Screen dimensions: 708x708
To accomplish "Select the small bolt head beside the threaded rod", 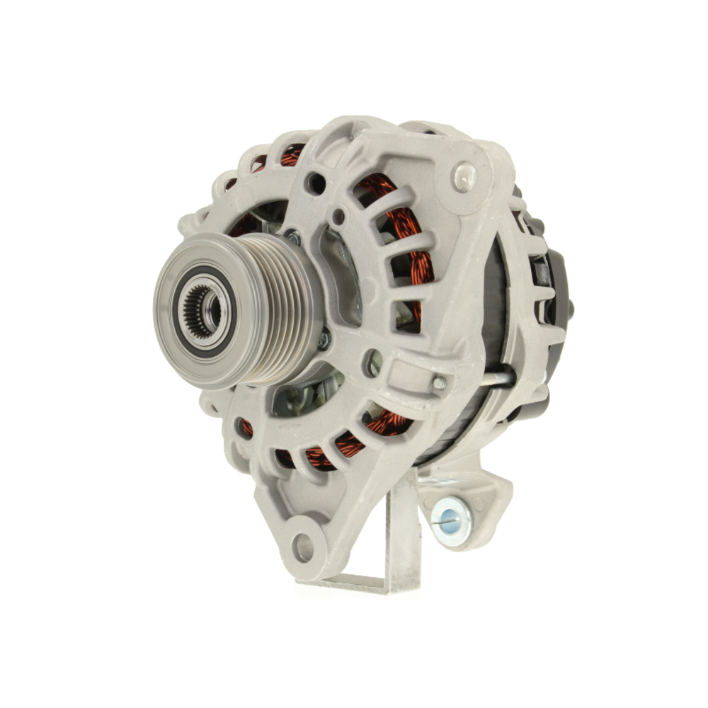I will (x=440, y=382).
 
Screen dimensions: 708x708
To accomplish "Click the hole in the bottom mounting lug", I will (x=303, y=547).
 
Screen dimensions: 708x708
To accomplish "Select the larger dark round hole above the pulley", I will (x=316, y=183).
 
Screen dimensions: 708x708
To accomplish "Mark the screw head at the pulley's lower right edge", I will (x=324, y=341).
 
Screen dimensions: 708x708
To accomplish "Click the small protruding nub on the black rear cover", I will (x=571, y=308).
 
